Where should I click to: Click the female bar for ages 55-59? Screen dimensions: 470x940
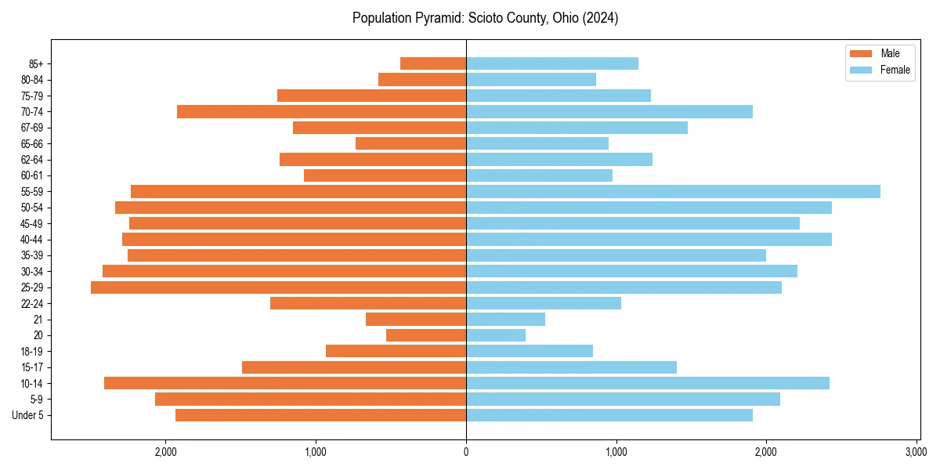coord(673,191)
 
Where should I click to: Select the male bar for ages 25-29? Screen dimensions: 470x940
coord(278,287)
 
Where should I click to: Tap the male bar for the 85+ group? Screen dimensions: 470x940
coord(433,63)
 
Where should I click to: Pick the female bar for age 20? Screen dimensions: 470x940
coord(496,335)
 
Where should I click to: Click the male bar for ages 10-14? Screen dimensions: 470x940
coord(285,383)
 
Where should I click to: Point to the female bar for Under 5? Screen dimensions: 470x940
coord(609,415)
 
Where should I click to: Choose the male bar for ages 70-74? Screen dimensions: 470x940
coord(321,111)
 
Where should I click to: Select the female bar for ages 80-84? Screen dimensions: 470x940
coord(531,79)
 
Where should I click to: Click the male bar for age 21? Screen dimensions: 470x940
coord(416,320)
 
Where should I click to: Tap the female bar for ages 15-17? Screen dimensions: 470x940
coord(571,367)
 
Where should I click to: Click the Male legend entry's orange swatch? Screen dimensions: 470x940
coord(860,53)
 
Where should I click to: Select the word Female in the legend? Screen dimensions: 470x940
coord(895,70)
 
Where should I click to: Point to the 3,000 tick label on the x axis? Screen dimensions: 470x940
coord(916,452)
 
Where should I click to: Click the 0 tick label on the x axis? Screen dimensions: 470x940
coord(466,452)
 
